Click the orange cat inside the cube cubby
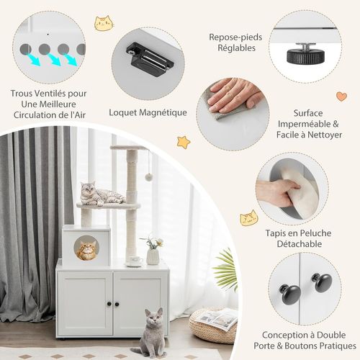tap(86, 251)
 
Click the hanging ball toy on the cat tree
tap(148, 176)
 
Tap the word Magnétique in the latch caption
tap(159, 112)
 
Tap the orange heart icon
tap(341, 96)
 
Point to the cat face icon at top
tap(104, 24)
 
